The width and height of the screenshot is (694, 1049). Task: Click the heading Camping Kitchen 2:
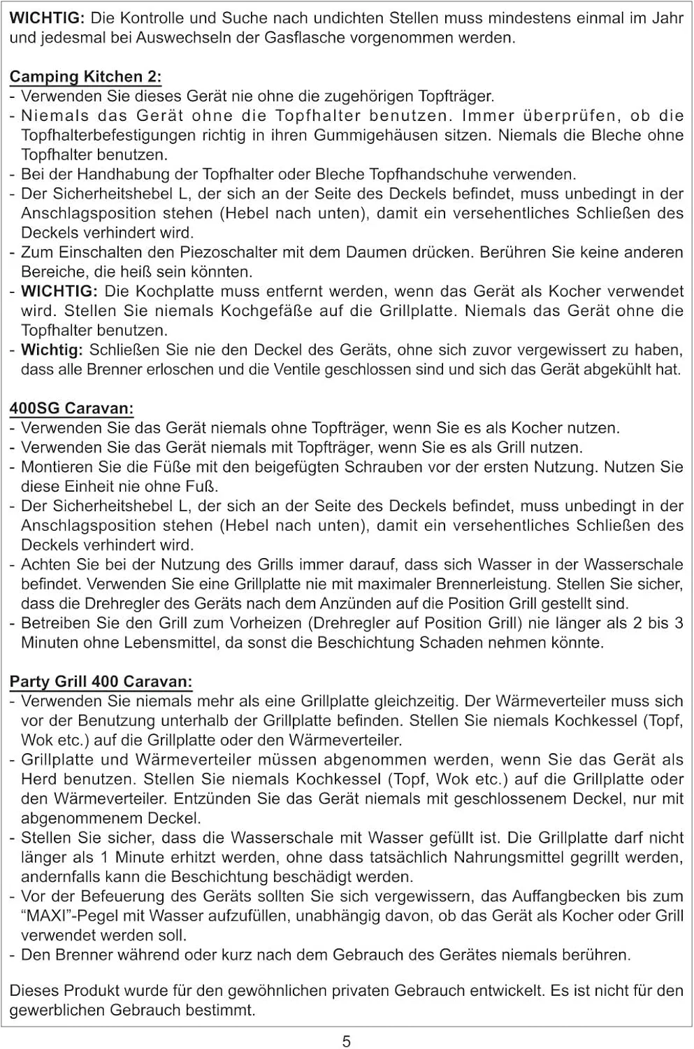pyautogui.click(x=85, y=77)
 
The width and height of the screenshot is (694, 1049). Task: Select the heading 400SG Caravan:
pyautogui.click(x=71, y=408)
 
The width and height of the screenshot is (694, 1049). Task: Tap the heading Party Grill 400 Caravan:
pyautogui.click(x=101, y=681)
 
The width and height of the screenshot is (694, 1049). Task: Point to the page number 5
pyautogui.click(x=347, y=1041)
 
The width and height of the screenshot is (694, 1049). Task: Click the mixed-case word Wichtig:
pyautogui.click(x=52, y=350)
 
